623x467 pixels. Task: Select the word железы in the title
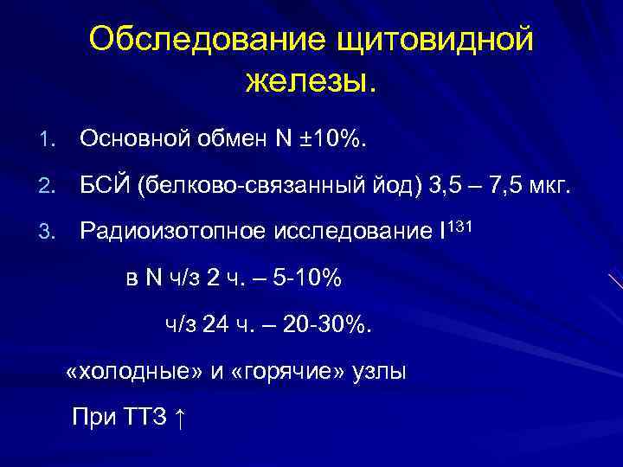coord(307,83)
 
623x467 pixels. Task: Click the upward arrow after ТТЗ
coord(179,419)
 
